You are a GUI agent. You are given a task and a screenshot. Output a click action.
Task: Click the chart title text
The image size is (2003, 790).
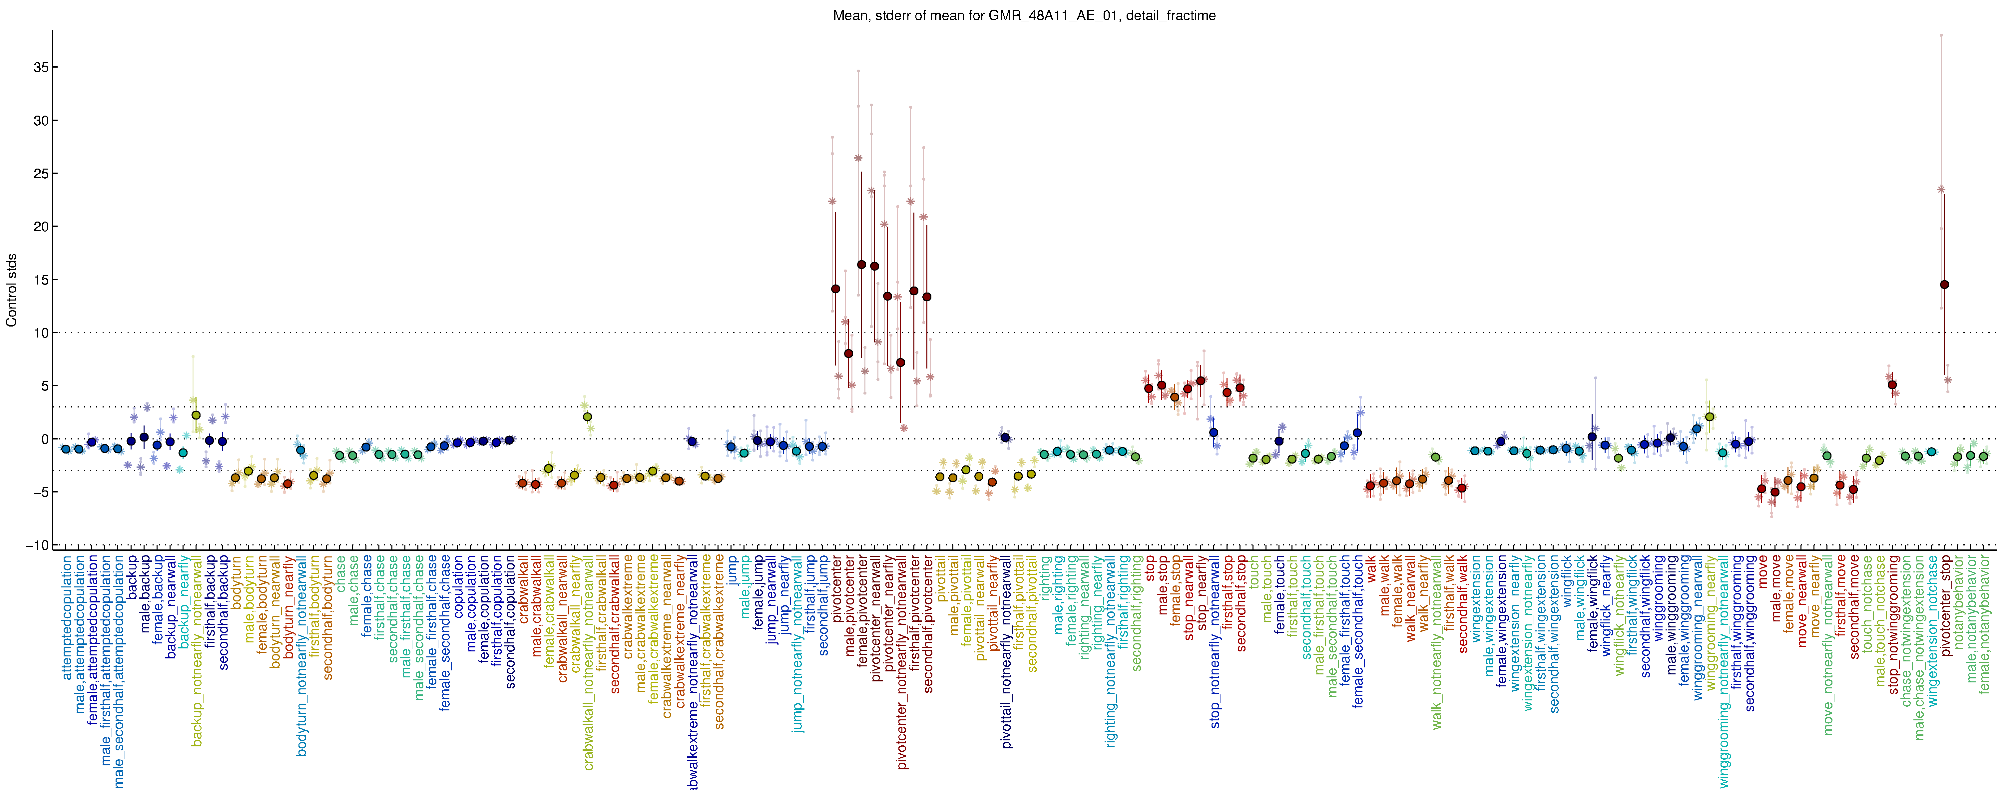1024,16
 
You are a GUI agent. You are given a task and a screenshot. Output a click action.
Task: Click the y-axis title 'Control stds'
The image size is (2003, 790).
12,289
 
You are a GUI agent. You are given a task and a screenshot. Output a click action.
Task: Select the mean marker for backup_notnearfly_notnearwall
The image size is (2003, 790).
196,415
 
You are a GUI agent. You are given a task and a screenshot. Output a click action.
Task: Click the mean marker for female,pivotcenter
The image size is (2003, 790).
861,264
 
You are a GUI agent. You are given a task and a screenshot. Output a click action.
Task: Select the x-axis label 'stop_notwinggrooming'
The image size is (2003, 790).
1894,624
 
